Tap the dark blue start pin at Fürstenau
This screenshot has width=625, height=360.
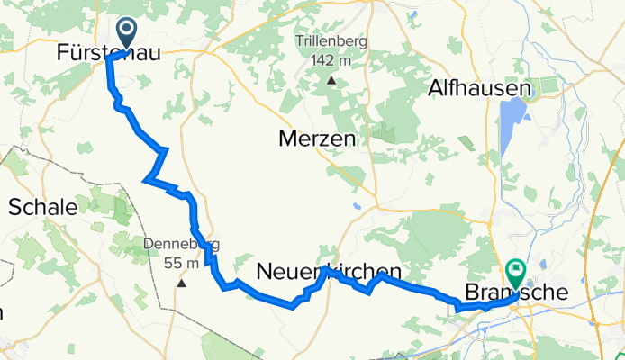[125, 33]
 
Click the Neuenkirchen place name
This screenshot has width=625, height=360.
[329, 270]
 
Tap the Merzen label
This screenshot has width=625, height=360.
[316, 141]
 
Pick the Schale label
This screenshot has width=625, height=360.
[42, 207]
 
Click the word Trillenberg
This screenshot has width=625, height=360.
[331, 41]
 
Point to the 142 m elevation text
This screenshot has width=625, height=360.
[331, 59]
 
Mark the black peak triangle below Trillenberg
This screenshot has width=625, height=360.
[331, 81]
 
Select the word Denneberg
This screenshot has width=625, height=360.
[181, 244]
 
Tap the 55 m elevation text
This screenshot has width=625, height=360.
[181, 263]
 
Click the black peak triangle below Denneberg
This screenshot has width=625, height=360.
[181, 283]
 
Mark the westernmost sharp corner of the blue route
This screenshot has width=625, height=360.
[145, 179]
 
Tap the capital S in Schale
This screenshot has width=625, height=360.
[14, 207]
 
